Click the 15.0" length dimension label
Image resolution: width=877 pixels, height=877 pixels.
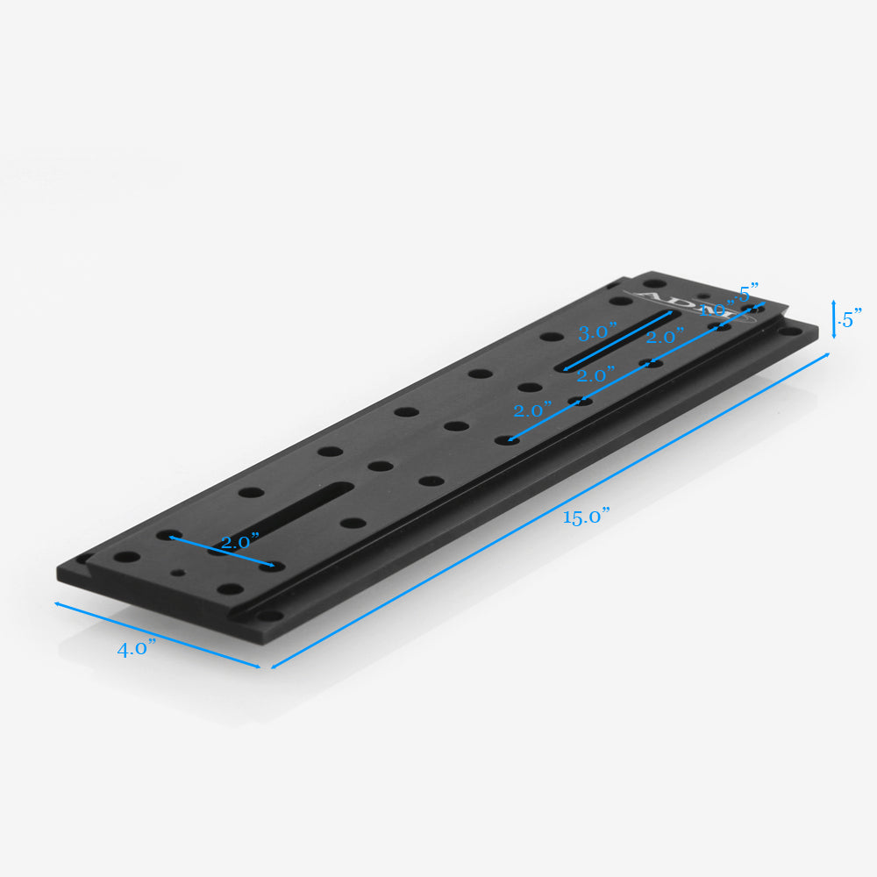[587, 517]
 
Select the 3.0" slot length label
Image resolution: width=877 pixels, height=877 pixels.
[598, 333]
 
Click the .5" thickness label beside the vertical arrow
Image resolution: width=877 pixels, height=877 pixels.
[850, 318]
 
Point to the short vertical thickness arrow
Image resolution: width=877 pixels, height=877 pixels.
[833, 318]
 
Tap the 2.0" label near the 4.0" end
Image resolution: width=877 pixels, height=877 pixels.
[239, 542]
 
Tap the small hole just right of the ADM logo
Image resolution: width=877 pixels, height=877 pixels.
[702, 297]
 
